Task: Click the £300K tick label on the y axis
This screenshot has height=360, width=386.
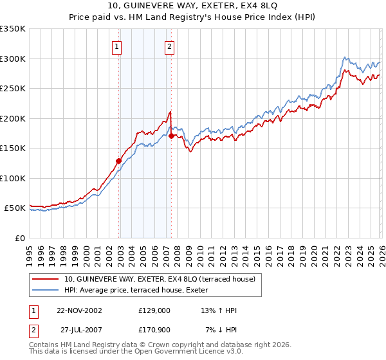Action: (x=12, y=59)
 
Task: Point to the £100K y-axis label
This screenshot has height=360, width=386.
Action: (x=12, y=178)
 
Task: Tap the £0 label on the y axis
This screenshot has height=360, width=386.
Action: (x=19, y=238)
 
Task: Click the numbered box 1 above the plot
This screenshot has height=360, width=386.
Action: (x=116, y=46)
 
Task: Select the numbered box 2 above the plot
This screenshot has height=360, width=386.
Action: (x=169, y=46)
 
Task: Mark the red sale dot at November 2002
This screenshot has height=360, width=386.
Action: (x=119, y=161)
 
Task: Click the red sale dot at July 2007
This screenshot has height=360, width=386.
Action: (x=172, y=136)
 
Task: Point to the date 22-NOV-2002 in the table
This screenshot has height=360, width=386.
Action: (x=79, y=310)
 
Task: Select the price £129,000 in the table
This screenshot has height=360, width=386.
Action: (x=154, y=310)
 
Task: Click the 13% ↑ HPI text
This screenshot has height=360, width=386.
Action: (x=219, y=310)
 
